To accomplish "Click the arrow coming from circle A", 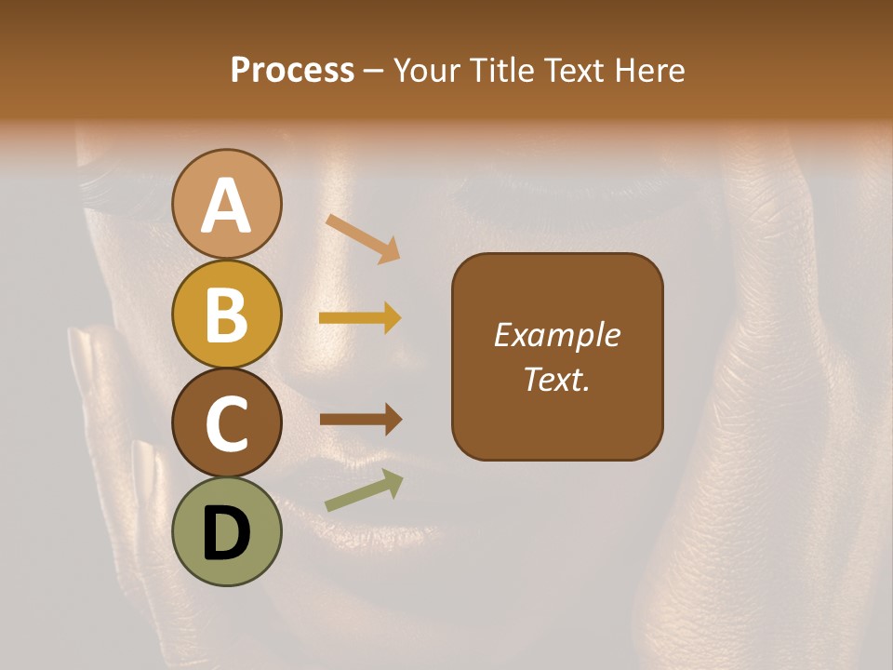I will (363, 237).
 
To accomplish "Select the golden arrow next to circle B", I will (360, 318).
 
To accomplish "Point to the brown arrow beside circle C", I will (360, 420).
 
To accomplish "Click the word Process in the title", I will (292, 71).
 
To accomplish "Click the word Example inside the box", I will (557, 335).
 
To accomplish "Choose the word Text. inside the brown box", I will (557, 379).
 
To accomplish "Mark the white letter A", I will (227, 206).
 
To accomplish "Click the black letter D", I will (227, 534).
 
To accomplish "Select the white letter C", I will (227, 423).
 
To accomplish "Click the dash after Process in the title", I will (374, 72).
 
